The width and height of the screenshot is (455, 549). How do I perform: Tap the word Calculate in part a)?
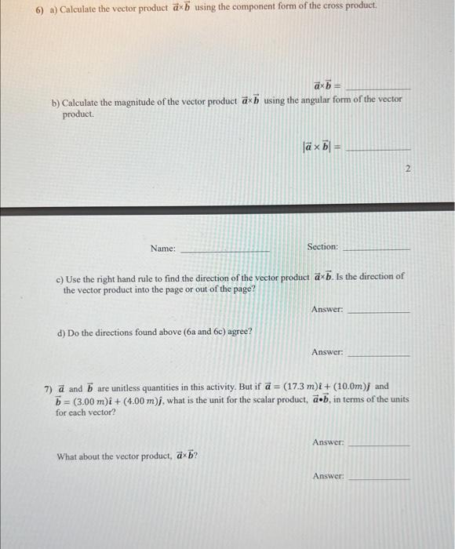(77, 6)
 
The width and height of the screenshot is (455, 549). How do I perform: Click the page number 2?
(408, 169)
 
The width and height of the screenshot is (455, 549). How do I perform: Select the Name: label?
(163, 248)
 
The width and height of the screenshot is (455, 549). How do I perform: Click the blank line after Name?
(225, 249)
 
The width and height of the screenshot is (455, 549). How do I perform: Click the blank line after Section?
(377, 248)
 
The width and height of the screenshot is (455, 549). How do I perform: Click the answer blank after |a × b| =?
(379, 148)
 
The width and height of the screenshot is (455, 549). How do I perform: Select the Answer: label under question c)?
(327, 310)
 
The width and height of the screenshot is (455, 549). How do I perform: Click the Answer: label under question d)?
(327, 352)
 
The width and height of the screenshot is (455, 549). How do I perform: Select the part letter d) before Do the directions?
(61, 332)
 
